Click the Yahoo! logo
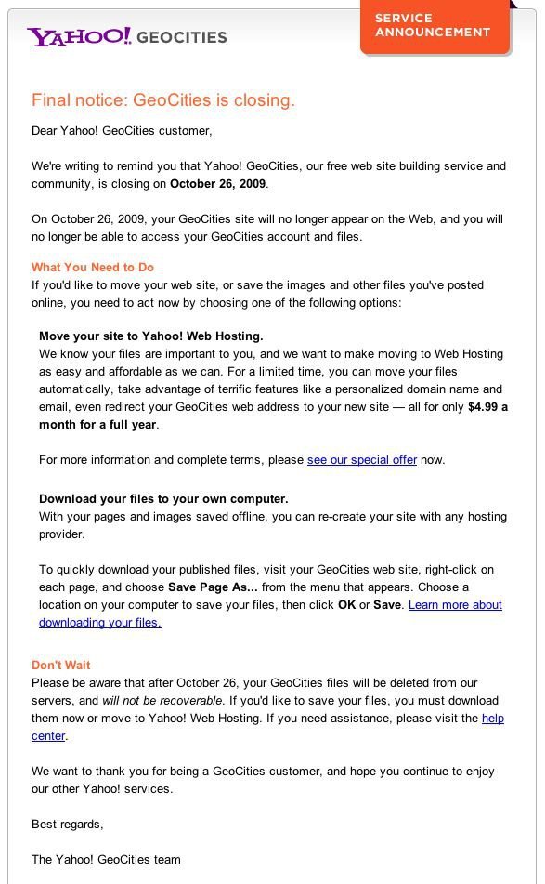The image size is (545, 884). click(79, 36)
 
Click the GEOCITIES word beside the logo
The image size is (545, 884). click(182, 37)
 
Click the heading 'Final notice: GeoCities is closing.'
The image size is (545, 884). click(163, 100)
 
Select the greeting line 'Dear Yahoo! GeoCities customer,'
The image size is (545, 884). click(122, 130)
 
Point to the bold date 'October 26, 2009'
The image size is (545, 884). click(218, 184)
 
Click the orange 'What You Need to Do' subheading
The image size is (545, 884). click(93, 267)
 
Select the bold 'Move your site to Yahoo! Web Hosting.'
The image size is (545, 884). click(150, 336)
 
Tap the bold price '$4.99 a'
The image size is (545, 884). click(487, 406)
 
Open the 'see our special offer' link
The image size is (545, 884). click(361, 459)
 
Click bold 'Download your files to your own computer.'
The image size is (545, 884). click(163, 498)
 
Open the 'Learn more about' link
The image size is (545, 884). click(455, 605)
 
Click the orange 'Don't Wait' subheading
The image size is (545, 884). click(61, 665)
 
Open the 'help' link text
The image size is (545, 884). click(493, 719)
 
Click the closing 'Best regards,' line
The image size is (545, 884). click(68, 825)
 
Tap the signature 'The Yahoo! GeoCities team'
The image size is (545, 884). click(106, 859)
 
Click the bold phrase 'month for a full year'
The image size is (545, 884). click(97, 424)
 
